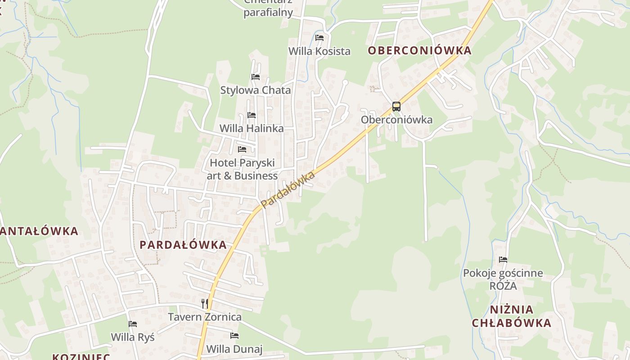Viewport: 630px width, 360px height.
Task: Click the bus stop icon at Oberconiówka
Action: [396, 107]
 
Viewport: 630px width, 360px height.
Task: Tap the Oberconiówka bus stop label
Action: [396, 120]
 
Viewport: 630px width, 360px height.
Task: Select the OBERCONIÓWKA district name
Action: [419, 50]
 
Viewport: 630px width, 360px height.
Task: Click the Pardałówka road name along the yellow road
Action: [288, 190]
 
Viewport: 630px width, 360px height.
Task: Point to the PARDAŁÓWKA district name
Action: [183, 245]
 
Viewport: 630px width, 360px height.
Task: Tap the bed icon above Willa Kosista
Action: [319, 38]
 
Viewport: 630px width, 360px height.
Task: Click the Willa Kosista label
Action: [319, 51]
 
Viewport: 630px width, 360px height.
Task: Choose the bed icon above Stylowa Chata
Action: [256, 77]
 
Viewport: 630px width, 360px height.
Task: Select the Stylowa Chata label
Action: [256, 90]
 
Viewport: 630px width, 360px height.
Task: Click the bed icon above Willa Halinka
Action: [252, 115]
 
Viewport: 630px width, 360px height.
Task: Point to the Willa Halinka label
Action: [252, 129]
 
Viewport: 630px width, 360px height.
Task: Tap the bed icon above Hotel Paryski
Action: [242, 149]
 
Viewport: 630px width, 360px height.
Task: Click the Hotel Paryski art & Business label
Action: [242, 169]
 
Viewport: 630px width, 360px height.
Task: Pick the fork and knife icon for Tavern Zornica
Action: [205, 303]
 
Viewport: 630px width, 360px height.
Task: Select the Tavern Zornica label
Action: [205, 317]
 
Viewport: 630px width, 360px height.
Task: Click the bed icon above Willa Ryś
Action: [133, 324]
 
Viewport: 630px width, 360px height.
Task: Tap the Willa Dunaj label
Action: [234, 349]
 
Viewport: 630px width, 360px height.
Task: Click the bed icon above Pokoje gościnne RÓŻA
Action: [503, 260]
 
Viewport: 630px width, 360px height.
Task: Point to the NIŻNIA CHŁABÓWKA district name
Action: [512, 316]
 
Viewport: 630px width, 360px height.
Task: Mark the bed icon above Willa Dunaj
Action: [234, 336]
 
